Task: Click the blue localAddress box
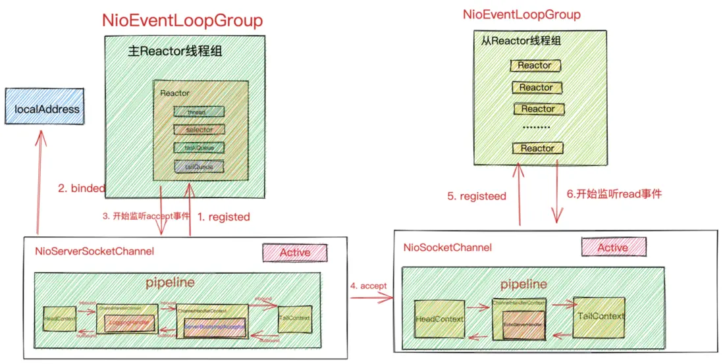[46, 109]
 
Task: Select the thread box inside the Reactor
[199, 112]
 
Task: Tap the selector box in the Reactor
[199, 130]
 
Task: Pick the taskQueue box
[199, 147]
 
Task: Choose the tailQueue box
[199, 166]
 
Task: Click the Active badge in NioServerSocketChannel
[295, 252]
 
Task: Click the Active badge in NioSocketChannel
[612, 247]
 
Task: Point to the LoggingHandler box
[126, 324]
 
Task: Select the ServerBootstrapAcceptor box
[215, 326]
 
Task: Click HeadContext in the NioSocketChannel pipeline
[440, 319]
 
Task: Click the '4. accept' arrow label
[368, 286]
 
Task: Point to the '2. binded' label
[81, 188]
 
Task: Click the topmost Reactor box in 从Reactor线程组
[535, 66]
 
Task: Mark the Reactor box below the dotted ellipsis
[537, 148]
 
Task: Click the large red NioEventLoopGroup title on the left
[182, 20]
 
